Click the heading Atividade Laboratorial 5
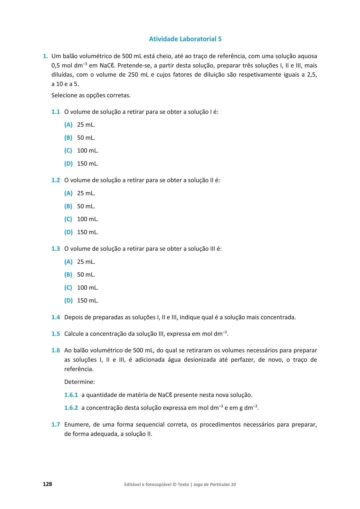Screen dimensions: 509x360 (185, 39)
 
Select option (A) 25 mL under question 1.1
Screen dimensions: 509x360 (80, 125)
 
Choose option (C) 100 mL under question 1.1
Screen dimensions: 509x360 (81, 151)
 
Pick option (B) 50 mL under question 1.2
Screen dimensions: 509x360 (80, 206)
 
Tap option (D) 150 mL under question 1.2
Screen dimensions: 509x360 (81, 232)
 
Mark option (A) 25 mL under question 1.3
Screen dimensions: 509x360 (80, 262)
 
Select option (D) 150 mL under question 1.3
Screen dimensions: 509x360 (81, 301)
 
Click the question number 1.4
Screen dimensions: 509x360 (56, 317)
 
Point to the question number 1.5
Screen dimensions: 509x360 (56, 334)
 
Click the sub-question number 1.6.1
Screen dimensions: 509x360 (71, 395)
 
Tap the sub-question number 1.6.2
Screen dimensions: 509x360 (71, 408)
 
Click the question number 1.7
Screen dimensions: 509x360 (56, 425)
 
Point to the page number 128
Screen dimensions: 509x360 (47, 484)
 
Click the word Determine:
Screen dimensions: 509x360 (80, 382)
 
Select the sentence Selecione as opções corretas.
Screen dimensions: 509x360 (91, 95)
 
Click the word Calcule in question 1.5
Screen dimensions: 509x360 (74, 334)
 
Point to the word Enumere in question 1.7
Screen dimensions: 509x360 (76, 425)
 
